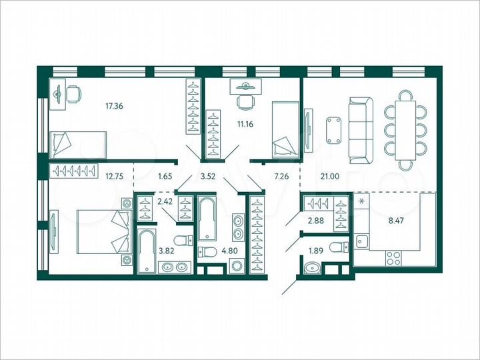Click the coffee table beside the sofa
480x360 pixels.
click(333, 129)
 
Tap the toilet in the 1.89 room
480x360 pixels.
click(340, 248)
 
